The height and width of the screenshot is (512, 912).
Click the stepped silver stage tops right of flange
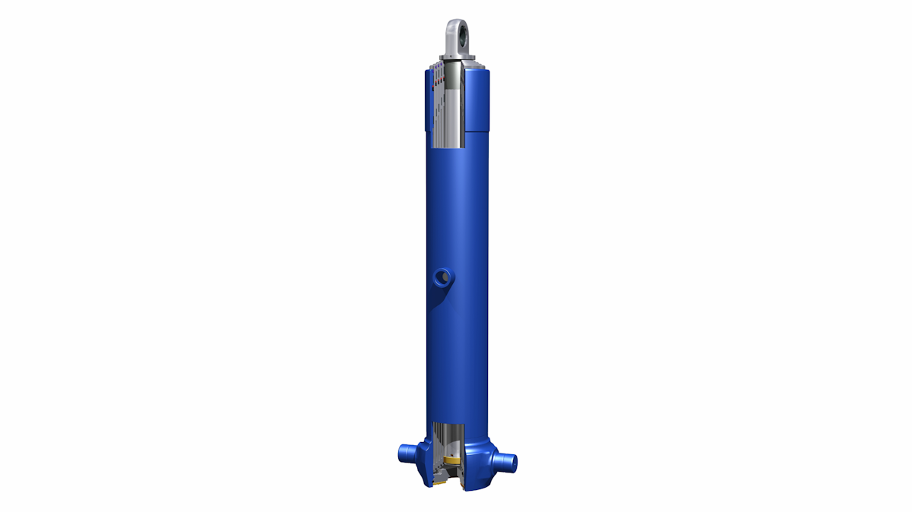pyautogui.click(x=472, y=68)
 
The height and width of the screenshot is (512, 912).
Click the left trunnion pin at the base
pyautogui.click(x=407, y=454)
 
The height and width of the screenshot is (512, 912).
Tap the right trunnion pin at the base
pyautogui.click(x=503, y=459)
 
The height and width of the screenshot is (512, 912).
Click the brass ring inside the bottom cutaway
pyautogui.click(x=453, y=460)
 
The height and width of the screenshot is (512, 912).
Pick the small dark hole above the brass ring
pyautogui.click(x=452, y=455)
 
